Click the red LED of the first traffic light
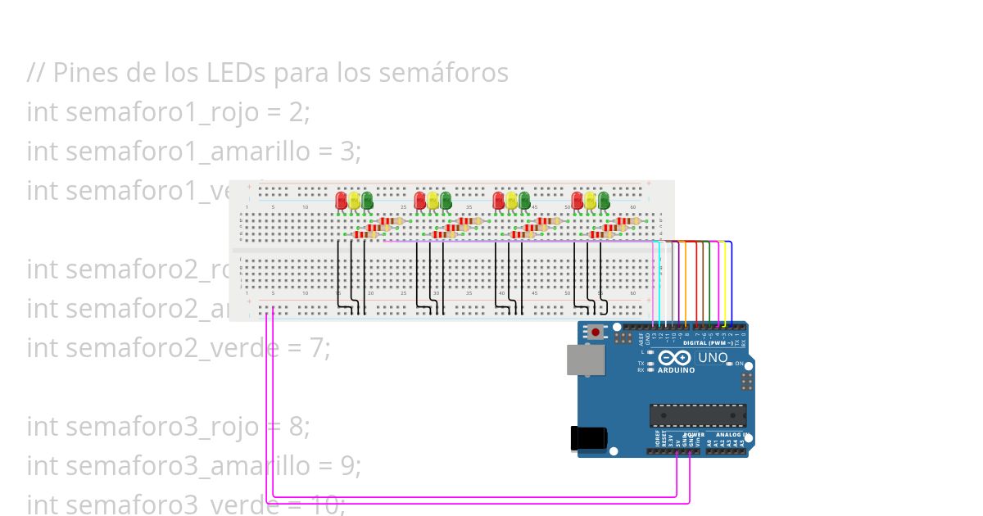point(342,200)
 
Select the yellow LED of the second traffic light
point(433,200)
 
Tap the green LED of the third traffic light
point(524,200)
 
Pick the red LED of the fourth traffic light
point(578,200)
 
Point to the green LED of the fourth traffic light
point(604,200)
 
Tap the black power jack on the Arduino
point(589,438)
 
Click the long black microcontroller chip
point(698,415)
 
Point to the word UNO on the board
point(712,358)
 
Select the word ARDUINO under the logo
point(676,370)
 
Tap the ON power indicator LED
point(729,364)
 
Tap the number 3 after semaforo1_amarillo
point(353,152)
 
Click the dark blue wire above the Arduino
point(732,278)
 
